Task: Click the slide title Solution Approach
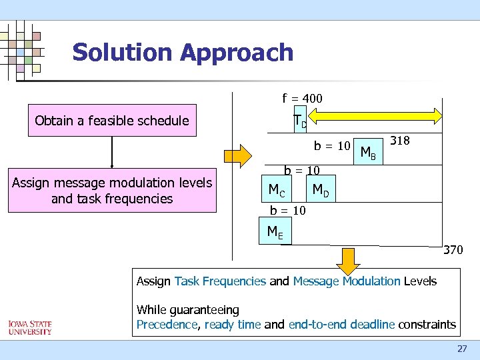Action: click(183, 52)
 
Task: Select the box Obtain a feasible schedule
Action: click(112, 121)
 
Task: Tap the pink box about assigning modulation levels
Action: click(112, 191)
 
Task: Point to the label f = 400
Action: click(302, 99)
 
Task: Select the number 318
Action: click(399, 141)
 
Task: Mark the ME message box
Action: click(274, 232)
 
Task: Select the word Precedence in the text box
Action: click(167, 325)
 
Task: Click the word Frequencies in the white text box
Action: click(237, 281)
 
